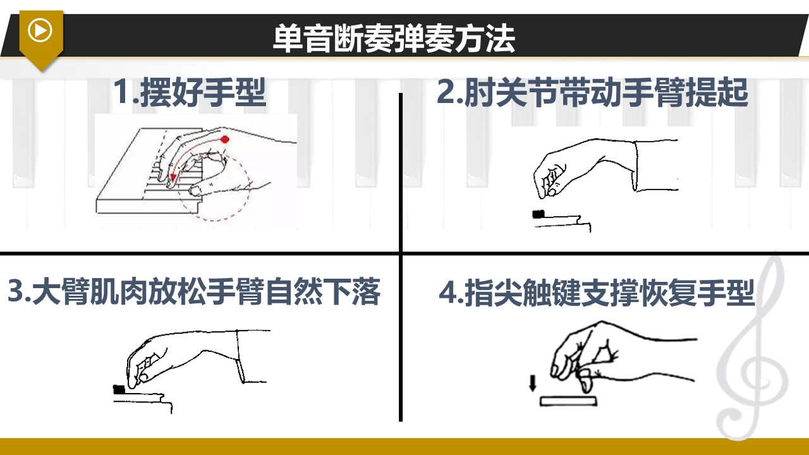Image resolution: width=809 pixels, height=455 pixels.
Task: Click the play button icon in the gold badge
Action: click(x=40, y=30)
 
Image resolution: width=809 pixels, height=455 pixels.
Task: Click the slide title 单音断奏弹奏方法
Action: click(x=394, y=39)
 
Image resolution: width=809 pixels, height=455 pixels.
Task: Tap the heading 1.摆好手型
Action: click(x=190, y=92)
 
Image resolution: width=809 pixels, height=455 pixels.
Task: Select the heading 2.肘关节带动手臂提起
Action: click(x=592, y=92)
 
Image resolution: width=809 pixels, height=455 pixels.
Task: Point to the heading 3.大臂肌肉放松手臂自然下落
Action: click(x=194, y=291)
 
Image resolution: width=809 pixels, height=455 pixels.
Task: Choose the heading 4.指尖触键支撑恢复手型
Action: click(x=597, y=293)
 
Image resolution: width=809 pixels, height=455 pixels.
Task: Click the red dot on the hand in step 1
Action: click(x=225, y=139)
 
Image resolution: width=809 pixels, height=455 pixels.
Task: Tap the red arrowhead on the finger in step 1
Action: click(x=173, y=178)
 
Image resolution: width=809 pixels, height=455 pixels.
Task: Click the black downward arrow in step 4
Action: click(x=532, y=383)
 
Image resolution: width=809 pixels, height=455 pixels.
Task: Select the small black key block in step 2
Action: click(x=538, y=214)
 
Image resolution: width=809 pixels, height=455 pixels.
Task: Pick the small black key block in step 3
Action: click(x=119, y=390)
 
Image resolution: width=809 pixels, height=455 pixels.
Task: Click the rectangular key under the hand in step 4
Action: click(x=568, y=401)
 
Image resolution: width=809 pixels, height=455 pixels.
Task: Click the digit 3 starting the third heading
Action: click(x=16, y=292)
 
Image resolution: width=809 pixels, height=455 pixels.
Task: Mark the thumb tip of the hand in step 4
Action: click(x=586, y=385)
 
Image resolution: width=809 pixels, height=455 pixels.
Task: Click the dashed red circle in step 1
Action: click(x=250, y=188)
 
